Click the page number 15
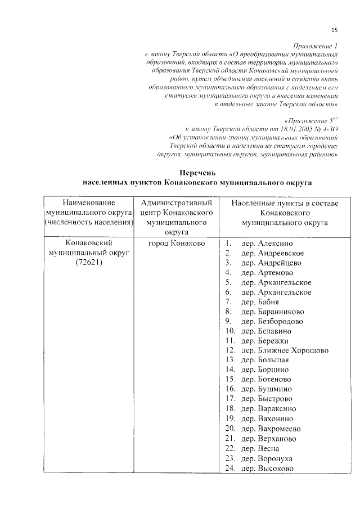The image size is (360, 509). (x=334, y=30)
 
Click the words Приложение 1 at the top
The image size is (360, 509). (x=316, y=45)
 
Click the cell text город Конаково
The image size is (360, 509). (x=176, y=244)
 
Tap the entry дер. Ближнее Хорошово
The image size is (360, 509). (x=285, y=350)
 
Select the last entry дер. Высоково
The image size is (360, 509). (x=267, y=468)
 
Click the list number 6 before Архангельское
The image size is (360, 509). (x=228, y=292)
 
